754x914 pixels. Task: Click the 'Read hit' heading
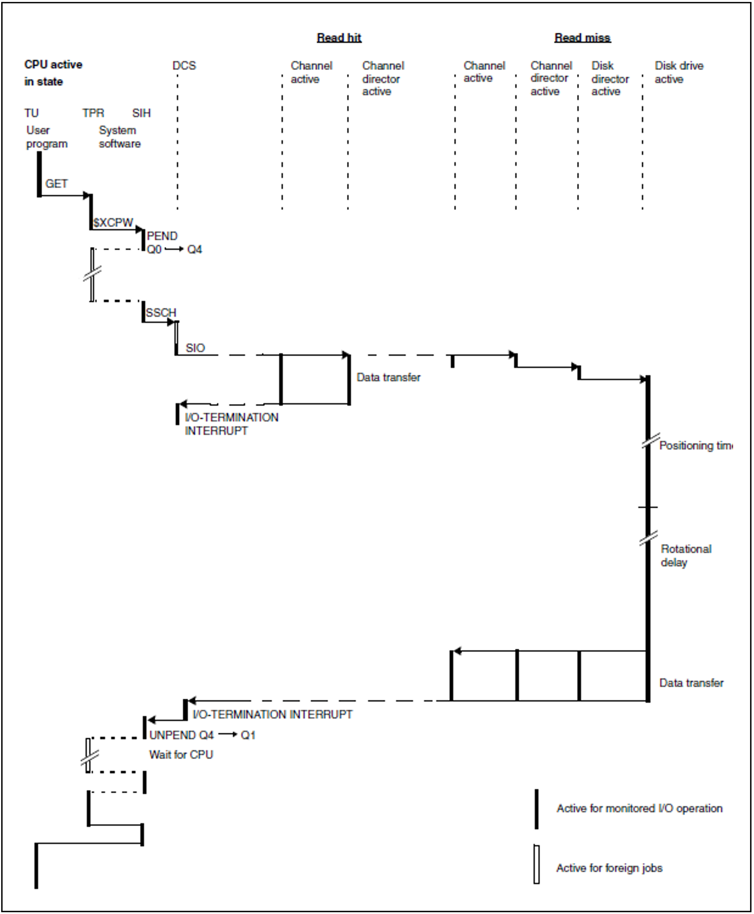339,38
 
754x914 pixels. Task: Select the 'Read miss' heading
582,38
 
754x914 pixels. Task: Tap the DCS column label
184,65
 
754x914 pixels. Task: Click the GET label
56,184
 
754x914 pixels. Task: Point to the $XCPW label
113,223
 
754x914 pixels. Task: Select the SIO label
195,348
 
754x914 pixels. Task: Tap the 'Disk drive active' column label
679,72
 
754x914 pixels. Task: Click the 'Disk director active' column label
610,79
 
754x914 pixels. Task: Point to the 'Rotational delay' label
686,556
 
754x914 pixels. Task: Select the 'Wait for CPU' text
181,755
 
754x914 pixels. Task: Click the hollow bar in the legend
536,864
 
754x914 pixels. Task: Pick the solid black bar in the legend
536,809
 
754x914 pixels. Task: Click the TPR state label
93,113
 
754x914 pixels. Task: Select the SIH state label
141,113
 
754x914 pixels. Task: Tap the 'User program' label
46,137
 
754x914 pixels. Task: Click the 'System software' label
119,137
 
